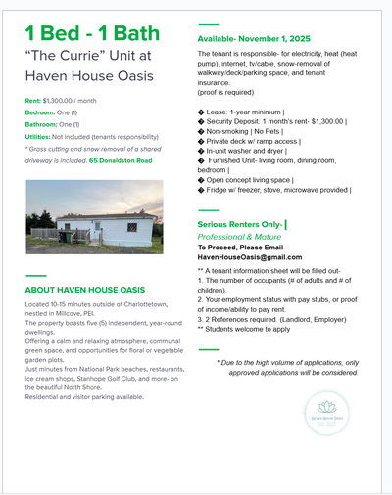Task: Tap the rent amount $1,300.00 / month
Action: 75,100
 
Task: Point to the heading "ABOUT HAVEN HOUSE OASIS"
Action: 84,290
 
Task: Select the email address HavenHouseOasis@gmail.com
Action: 244,256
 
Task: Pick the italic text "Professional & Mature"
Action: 239,237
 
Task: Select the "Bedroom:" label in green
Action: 46,112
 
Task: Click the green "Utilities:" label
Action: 43,138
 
